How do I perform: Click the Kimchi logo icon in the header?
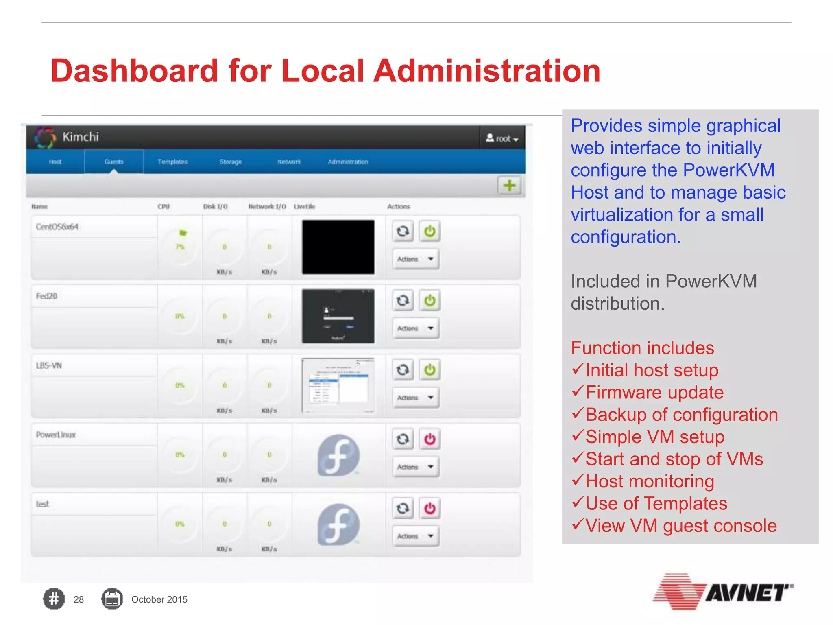pyautogui.click(x=45, y=138)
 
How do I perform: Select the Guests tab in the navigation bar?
pyautogui.click(x=114, y=162)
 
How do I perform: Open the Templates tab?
pyautogui.click(x=172, y=162)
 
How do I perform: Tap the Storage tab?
pyautogui.click(x=231, y=162)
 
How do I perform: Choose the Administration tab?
pyautogui.click(x=348, y=162)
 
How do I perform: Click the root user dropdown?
pyautogui.click(x=502, y=138)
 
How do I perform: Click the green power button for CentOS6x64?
pyautogui.click(x=430, y=231)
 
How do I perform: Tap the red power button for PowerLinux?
pyautogui.click(x=430, y=439)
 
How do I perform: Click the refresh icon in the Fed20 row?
pyautogui.click(x=403, y=301)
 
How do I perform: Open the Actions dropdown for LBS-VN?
pyautogui.click(x=415, y=398)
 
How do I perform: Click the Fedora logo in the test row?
pyautogui.click(x=338, y=524)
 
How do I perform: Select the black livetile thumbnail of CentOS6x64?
pyautogui.click(x=338, y=247)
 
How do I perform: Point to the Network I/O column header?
pyautogui.click(x=267, y=207)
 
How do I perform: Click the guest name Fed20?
pyautogui.click(x=47, y=296)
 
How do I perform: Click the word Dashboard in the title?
pyautogui.click(x=134, y=71)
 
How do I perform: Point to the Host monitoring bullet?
pyautogui.click(x=649, y=481)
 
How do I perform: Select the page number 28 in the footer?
pyautogui.click(x=79, y=599)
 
